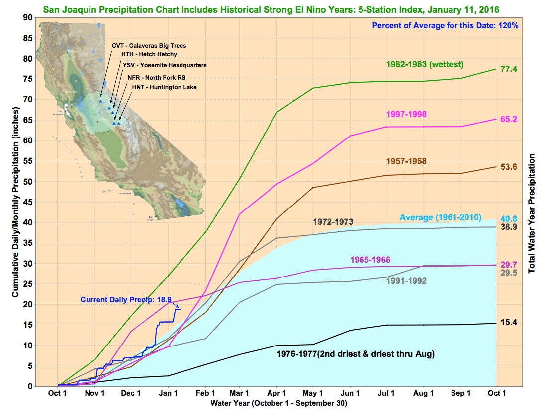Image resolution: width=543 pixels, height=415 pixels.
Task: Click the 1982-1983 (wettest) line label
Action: tap(425, 64)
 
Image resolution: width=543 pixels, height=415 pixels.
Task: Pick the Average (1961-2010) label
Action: tap(441, 217)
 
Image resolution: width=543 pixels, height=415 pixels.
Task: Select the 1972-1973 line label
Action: tap(333, 221)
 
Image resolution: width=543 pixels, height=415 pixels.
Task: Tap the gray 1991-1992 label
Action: tap(406, 281)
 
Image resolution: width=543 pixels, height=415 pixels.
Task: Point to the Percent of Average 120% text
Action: tap(445, 26)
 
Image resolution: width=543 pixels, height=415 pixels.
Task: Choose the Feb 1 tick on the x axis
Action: tap(205, 393)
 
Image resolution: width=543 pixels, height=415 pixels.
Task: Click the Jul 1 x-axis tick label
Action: tap(388, 393)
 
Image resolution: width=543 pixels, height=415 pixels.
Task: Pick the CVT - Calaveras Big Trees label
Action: tap(149, 46)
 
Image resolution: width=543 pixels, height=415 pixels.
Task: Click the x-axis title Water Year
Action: tap(278, 403)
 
